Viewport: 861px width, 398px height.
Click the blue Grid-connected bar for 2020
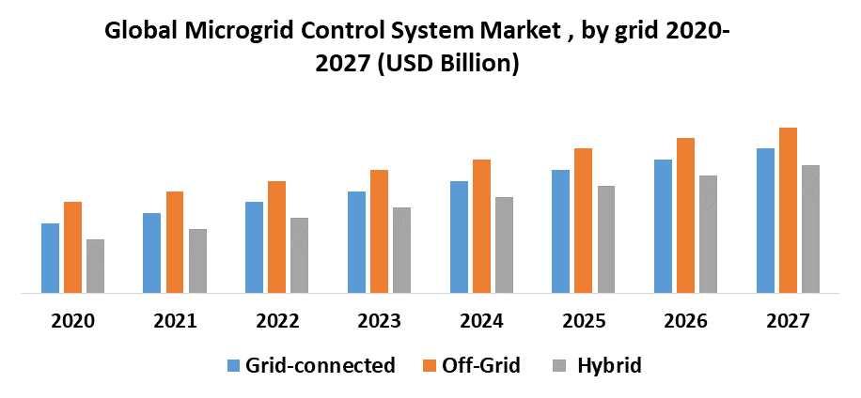coord(50,258)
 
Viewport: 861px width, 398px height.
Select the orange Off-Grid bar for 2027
coord(788,210)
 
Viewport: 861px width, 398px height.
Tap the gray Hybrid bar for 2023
coord(401,250)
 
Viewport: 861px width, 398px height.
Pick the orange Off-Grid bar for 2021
coord(175,242)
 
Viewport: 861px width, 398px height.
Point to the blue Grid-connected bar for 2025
coord(560,231)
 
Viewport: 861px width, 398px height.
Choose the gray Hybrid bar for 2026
coord(708,234)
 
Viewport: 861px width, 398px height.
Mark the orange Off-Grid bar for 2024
coord(481,226)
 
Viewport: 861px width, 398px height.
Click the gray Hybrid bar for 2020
coord(95,266)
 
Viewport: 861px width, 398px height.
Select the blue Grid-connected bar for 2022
coord(254,247)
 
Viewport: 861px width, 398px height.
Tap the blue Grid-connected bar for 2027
coord(765,221)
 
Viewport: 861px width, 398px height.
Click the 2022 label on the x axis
coord(277,321)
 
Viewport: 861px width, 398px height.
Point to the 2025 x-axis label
coord(584,321)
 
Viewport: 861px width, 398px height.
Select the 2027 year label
coord(788,321)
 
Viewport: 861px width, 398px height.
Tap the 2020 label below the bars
coord(72,321)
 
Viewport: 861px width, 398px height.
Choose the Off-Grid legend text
coord(481,365)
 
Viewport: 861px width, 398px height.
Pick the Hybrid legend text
coord(610,365)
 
